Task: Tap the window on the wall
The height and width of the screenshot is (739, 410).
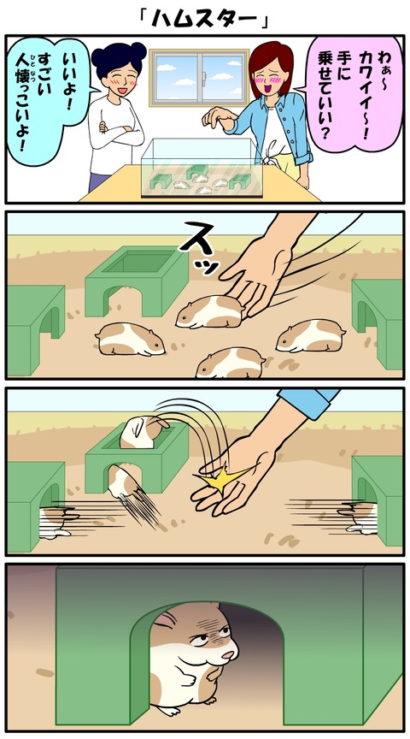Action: (x=199, y=78)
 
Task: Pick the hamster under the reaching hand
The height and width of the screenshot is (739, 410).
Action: (x=210, y=312)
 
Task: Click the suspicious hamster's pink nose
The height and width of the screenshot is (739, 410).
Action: (x=228, y=655)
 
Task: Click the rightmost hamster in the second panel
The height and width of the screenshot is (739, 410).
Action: (x=311, y=335)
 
